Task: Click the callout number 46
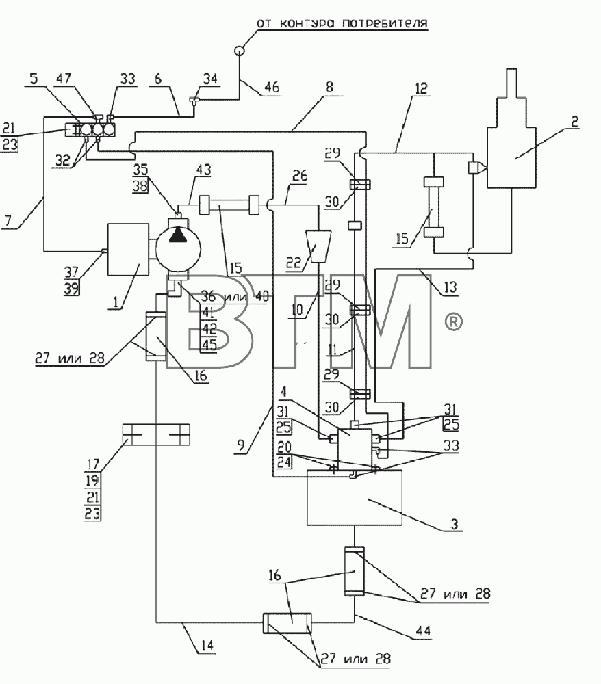[272, 87]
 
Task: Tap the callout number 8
[329, 86]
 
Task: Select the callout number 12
[422, 89]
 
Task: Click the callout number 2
[575, 122]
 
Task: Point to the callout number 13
[450, 287]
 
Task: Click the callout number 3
[455, 524]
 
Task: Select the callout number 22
[294, 263]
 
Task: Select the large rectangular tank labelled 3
[355, 497]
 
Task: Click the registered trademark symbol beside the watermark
[453, 322]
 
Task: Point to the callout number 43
[203, 170]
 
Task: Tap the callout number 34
[210, 79]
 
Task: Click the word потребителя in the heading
[384, 23]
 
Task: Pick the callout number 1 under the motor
[116, 302]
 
